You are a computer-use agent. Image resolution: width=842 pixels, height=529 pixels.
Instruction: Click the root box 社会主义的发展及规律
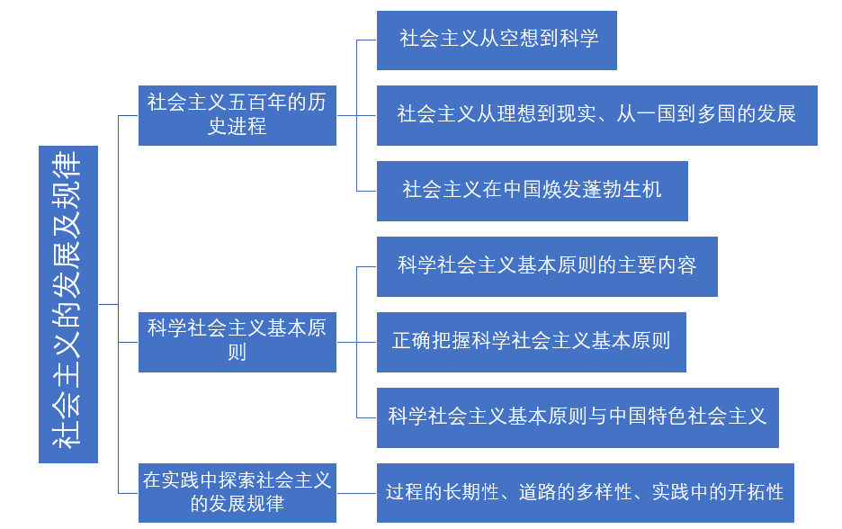[x=67, y=304]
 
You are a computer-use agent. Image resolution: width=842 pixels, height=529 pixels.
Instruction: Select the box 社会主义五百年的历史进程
[x=237, y=115]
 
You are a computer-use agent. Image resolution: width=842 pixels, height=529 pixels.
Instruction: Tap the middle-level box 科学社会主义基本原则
[x=237, y=342]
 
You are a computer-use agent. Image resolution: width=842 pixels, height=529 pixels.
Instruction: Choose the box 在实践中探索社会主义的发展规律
[x=237, y=492]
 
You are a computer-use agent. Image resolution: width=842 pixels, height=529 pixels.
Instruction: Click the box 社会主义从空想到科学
[x=497, y=40]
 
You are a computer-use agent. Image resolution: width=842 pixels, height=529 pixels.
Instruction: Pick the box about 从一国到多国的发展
[x=596, y=115]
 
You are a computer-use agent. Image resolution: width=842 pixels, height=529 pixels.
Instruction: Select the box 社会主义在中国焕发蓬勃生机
[x=532, y=191]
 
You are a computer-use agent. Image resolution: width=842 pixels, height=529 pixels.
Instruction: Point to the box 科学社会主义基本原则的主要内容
[x=547, y=266]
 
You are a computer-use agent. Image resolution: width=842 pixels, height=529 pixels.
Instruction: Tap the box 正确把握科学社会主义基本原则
[x=531, y=342]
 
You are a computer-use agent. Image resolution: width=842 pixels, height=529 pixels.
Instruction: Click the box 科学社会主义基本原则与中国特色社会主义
[x=578, y=417]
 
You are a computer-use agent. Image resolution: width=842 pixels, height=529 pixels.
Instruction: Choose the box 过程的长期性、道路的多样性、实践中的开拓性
[x=585, y=492]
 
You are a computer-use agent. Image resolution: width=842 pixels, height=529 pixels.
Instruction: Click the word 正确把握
[x=432, y=342]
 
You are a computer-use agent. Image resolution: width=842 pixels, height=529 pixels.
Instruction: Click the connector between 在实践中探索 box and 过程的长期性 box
[x=356, y=493]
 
